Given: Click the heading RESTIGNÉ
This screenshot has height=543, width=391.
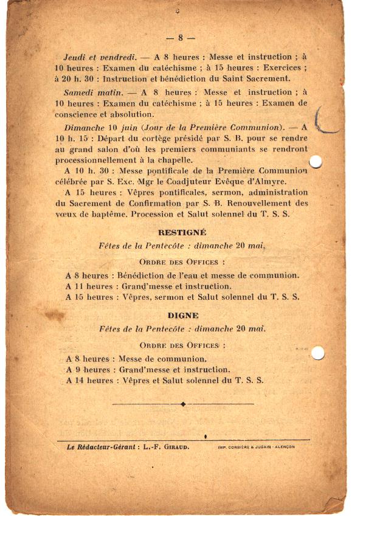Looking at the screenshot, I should point(182,232).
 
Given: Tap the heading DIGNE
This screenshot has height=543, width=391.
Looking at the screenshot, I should point(183,316).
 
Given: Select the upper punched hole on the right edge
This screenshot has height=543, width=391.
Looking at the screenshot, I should point(316,161).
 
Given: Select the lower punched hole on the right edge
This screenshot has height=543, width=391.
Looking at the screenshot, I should point(317,353).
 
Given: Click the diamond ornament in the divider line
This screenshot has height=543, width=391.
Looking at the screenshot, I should point(183,404).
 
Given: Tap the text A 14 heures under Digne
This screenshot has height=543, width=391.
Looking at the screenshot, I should point(89,381).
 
